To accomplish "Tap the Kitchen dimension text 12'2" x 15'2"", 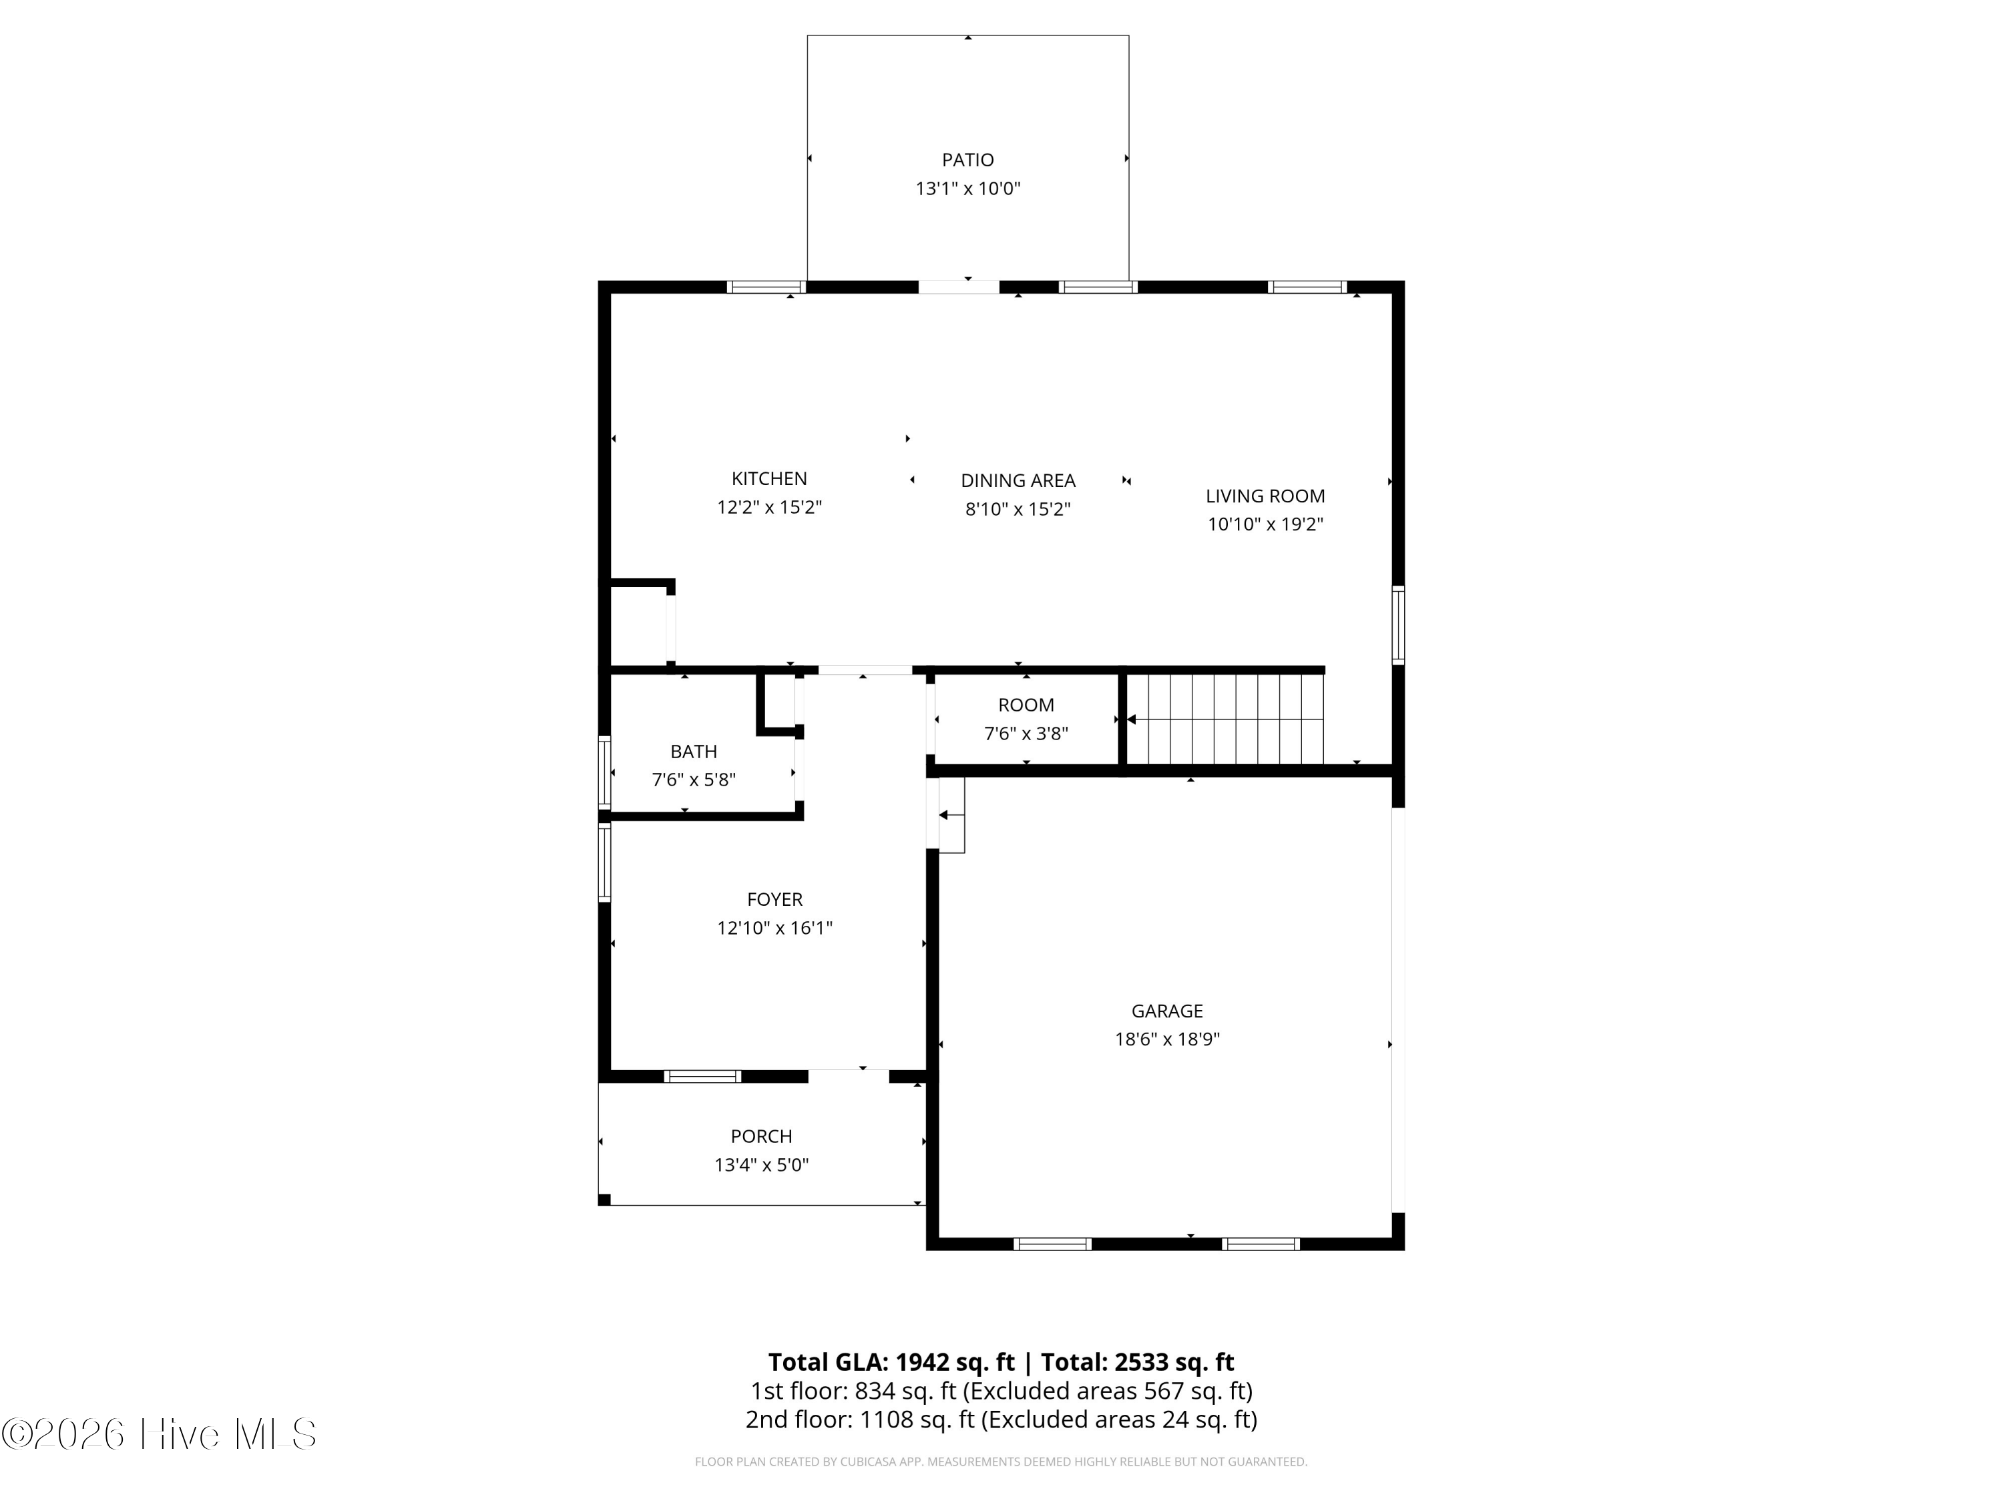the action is click(x=768, y=507).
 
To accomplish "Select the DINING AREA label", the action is click(x=1018, y=481).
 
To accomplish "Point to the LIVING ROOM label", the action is click(x=1265, y=496).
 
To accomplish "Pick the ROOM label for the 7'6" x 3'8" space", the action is click(x=1026, y=705).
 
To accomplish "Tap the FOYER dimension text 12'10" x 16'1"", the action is click(x=774, y=928).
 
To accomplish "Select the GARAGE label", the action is click(x=1167, y=1011).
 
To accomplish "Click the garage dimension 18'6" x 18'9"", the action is click(x=1167, y=1039).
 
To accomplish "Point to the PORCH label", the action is click(x=762, y=1136).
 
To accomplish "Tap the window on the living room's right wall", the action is click(x=1398, y=625).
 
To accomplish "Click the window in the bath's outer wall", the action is click(x=604, y=773).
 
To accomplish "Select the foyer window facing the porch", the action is click(x=702, y=1076).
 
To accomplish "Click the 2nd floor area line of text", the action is click(x=1001, y=1419).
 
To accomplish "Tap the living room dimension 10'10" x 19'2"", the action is click(x=1265, y=524).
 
